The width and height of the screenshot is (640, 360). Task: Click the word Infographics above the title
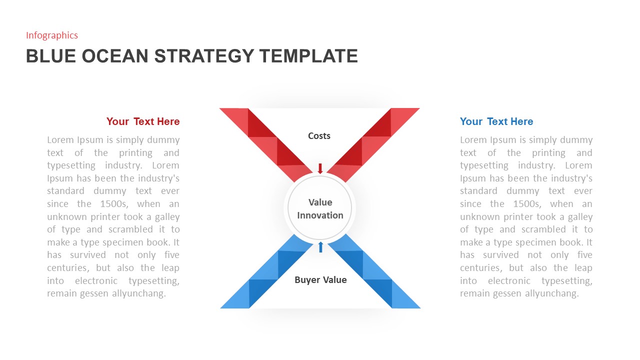pyautogui.click(x=52, y=35)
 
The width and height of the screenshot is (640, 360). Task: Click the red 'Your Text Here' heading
pyautogui.click(x=143, y=121)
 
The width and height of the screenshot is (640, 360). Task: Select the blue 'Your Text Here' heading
pyautogui.click(x=496, y=121)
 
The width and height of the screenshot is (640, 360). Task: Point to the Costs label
pyautogui.click(x=319, y=135)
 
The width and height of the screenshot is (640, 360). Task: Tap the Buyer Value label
pyautogui.click(x=320, y=280)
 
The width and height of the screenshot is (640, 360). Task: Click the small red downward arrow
pyautogui.click(x=320, y=168)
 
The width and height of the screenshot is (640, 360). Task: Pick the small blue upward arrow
pyautogui.click(x=320, y=247)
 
